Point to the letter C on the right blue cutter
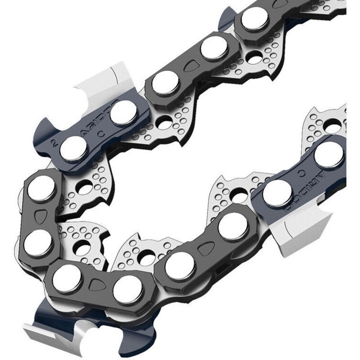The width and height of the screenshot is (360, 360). pyautogui.click(x=302, y=171)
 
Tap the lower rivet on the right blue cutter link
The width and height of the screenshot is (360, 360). pyautogui.click(x=276, y=192)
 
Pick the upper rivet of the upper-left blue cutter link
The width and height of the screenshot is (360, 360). pyautogui.click(x=123, y=112)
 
